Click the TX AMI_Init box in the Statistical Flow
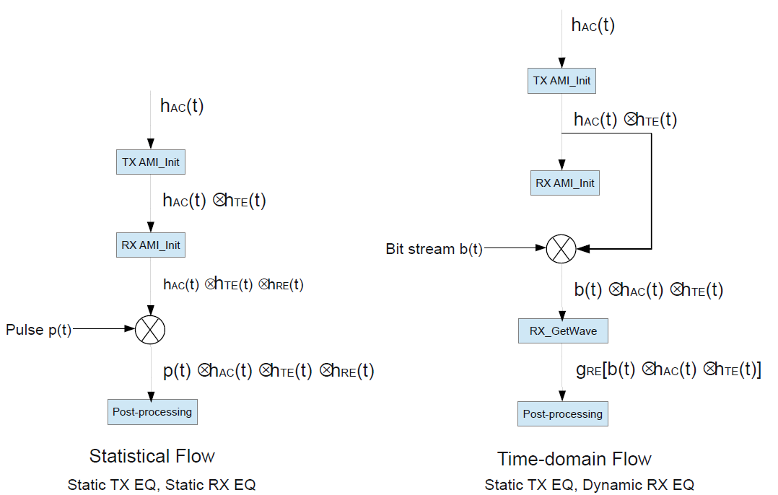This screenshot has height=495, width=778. [x=151, y=162]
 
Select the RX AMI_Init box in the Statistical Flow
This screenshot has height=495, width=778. [x=151, y=245]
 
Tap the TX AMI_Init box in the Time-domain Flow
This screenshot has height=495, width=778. [x=562, y=81]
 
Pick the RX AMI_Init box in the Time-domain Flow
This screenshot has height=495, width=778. [x=565, y=183]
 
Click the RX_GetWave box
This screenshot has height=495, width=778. [x=563, y=331]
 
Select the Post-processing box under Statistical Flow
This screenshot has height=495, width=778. [x=152, y=412]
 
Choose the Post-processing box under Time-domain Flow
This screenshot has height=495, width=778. [x=562, y=414]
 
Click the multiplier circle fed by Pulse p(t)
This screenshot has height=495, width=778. [x=150, y=330]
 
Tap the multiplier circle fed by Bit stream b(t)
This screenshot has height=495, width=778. [x=561, y=249]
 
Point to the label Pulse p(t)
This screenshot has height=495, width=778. [x=39, y=330]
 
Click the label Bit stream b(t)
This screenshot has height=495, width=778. [x=434, y=249]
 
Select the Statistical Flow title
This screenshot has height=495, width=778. [x=152, y=456]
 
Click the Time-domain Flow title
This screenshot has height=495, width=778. [x=574, y=459]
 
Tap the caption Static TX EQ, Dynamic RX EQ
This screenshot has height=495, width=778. [x=589, y=485]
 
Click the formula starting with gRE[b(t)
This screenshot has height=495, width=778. [x=668, y=370]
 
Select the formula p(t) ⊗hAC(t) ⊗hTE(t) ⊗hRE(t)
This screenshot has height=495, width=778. [x=268, y=371]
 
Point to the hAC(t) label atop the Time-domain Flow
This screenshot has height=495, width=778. [x=593, y=25]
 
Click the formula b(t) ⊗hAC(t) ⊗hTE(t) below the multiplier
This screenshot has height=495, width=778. [x=648, y=290]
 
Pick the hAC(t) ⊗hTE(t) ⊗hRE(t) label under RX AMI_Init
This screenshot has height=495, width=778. [x=233, y=285]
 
